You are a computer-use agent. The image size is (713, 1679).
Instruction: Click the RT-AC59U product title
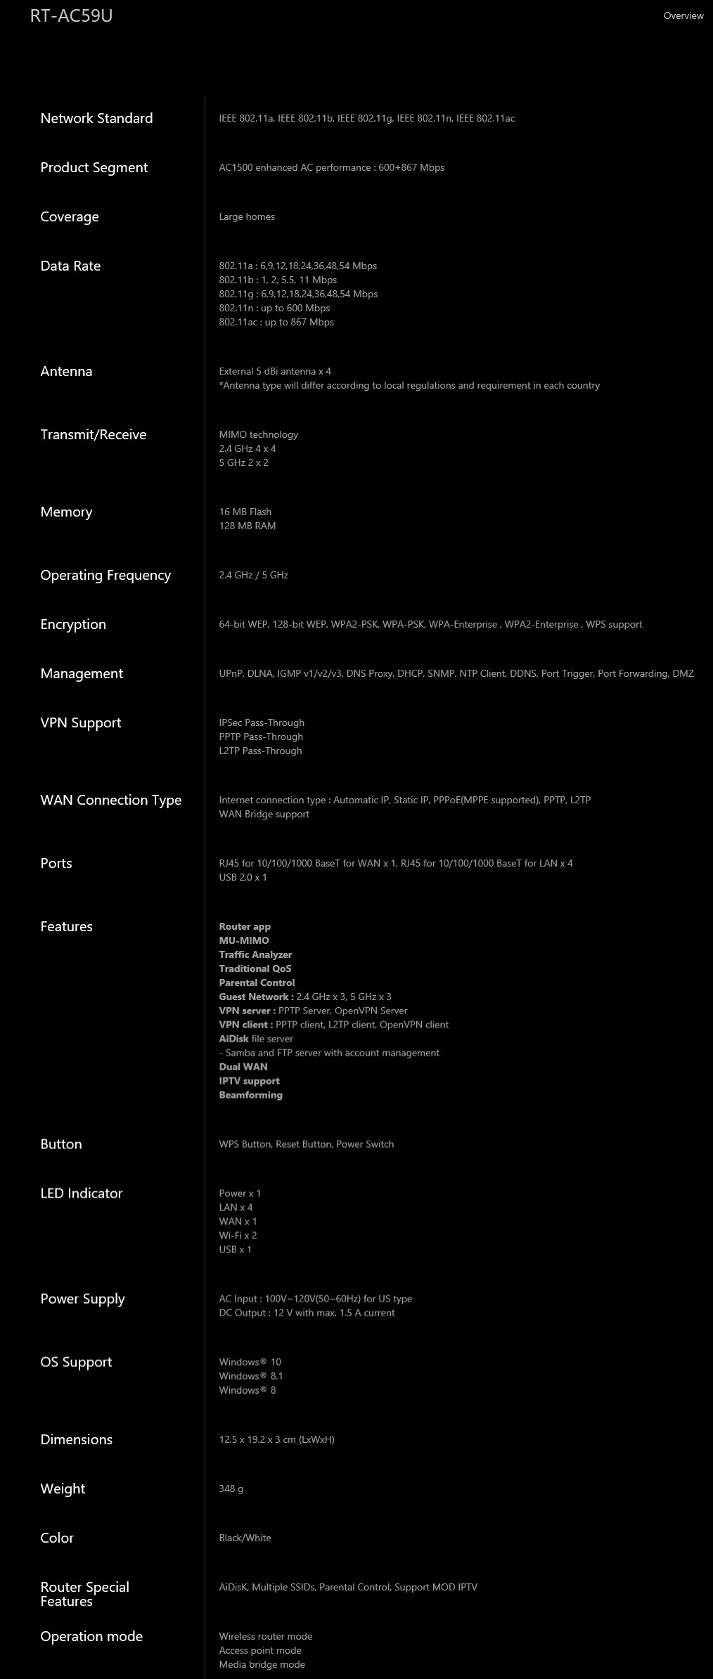coord(71,15)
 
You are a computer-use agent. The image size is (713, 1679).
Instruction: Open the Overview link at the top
coord(683,15)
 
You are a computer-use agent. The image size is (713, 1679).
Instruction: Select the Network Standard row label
coord(96,118)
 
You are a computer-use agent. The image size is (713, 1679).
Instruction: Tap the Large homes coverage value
coord(247,216)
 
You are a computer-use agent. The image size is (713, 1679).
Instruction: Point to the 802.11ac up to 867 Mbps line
coord(276,322)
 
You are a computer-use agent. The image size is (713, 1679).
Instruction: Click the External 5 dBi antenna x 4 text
coord(275,371)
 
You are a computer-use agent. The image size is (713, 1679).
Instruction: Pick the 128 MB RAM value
coord(248,526)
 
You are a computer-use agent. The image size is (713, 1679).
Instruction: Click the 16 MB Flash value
coord(245,512)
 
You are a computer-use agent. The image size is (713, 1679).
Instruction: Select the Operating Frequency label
coord(105,575)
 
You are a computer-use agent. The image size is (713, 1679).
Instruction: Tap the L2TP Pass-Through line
coord(260,751)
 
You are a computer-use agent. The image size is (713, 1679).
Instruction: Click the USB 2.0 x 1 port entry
coord(243,877)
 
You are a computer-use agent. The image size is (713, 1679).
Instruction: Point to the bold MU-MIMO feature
coord(244,940)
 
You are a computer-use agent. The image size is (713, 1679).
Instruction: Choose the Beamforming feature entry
coord(250,1095)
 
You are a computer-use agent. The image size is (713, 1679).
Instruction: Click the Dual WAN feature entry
coord(243,1067)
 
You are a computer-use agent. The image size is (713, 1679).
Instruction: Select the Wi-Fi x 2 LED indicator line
coord(238,1236)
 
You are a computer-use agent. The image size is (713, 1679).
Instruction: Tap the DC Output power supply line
coord(307,1313)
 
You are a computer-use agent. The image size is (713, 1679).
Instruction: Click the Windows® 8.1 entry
coord(251,1376)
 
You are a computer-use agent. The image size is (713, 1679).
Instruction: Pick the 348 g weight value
coord(231,1489)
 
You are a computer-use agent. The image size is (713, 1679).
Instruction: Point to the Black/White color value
coord(245,1538)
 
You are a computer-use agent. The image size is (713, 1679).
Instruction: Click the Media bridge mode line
coord(262,1664)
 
